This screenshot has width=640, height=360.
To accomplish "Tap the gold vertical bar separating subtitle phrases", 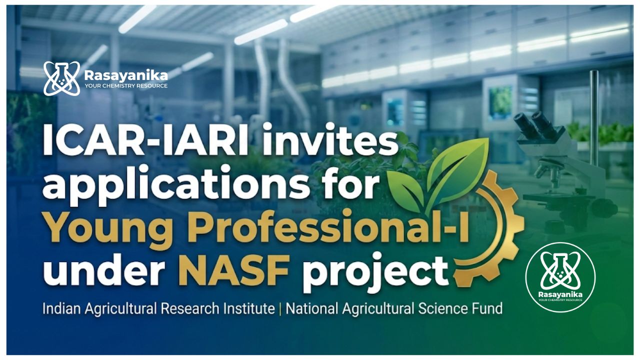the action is point(280,309).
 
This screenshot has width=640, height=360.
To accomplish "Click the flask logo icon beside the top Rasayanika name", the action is point(61,78).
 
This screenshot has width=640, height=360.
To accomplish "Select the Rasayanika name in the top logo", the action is point(126,75).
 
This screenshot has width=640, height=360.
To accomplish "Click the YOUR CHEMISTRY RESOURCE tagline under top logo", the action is point(126,85).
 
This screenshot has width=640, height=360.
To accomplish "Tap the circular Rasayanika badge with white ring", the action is point(560,277).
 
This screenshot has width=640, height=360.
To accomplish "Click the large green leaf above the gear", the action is point(457,171).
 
